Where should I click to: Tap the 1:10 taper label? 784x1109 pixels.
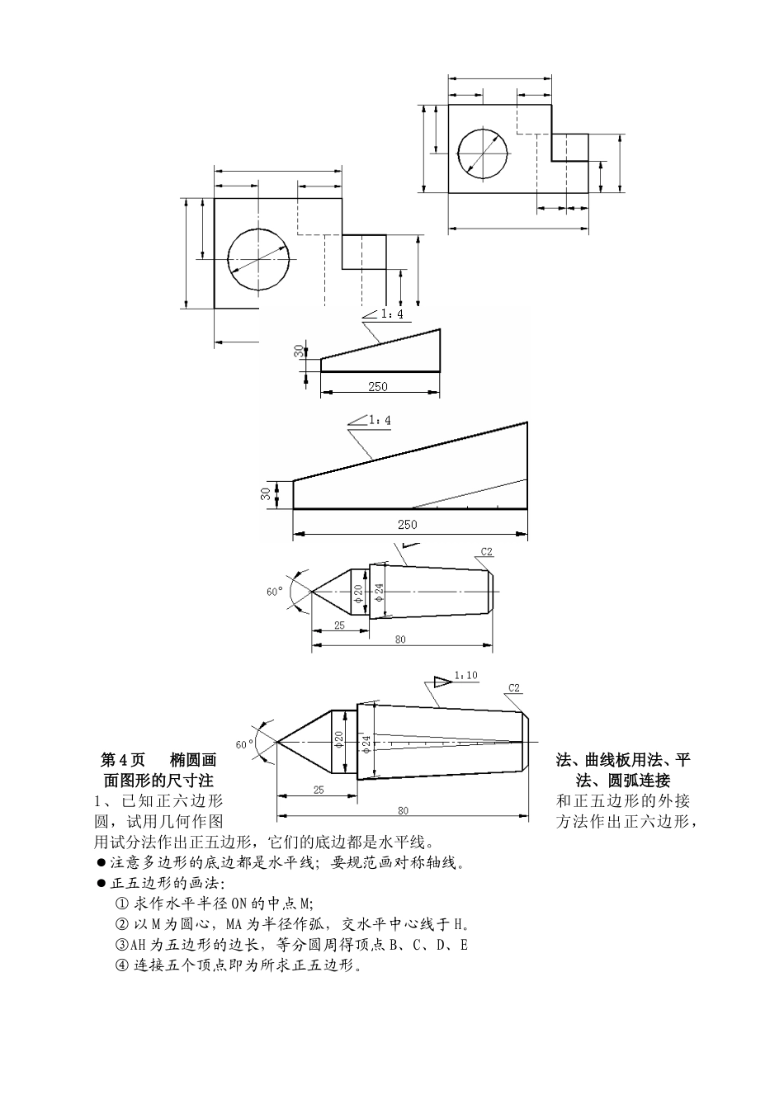[x=465, y=676]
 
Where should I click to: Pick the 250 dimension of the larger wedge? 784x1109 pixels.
[x=407, y=524]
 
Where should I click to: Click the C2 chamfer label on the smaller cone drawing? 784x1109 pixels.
[x=487, y=552]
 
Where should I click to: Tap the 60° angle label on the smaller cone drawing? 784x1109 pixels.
[x=274, y=592]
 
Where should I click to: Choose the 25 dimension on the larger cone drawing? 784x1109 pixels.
[x=319, y=790]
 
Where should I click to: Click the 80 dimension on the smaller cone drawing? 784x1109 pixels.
[x=399, y=639]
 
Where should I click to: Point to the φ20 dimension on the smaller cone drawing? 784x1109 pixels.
[x=359, y=592]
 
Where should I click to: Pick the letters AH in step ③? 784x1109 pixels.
[x=138, y=945]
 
